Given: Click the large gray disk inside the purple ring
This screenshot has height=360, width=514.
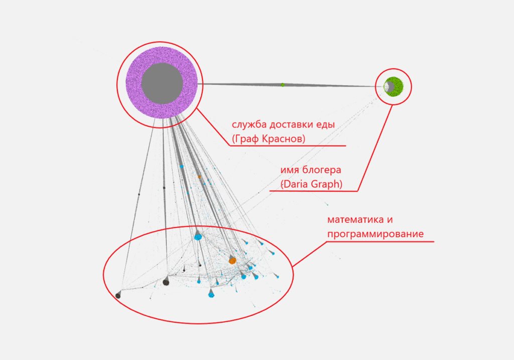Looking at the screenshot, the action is (162, 83).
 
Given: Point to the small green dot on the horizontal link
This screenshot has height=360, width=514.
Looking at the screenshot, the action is (283, 85).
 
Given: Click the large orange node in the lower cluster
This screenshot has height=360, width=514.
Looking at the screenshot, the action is (232, 261).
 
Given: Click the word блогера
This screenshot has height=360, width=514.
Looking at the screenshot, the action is (322, 170).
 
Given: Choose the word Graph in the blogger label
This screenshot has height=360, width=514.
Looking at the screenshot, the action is (326, 184).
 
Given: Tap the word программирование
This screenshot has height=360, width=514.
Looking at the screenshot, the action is (375, 234).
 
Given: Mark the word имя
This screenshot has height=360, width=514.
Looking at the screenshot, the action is (290, 171).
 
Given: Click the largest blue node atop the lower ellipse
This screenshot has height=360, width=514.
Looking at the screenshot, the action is (198, 236).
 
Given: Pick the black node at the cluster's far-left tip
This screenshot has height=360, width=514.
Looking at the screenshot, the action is (118, 295).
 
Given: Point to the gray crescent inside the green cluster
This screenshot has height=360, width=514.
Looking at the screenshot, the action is (389, 86).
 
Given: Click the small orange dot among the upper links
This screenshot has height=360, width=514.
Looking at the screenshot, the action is (199, 177).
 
